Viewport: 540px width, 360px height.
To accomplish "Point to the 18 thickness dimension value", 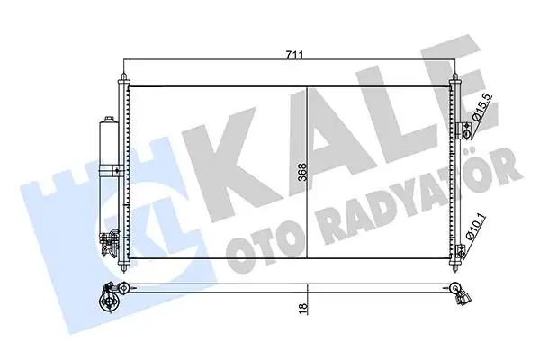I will (302, 308).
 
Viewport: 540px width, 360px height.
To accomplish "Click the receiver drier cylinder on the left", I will (111, 148).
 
